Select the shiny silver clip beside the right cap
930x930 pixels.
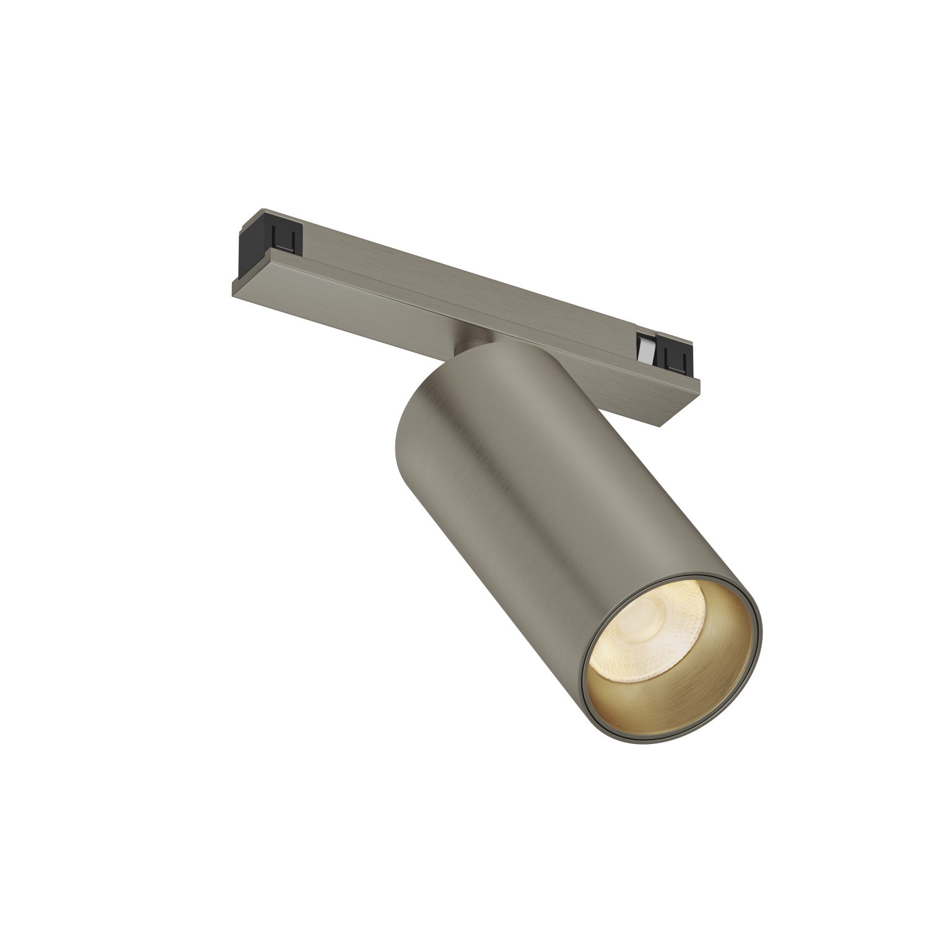[x=646, y=350]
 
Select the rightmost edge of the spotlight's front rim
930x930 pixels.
[x=762, y=645]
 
